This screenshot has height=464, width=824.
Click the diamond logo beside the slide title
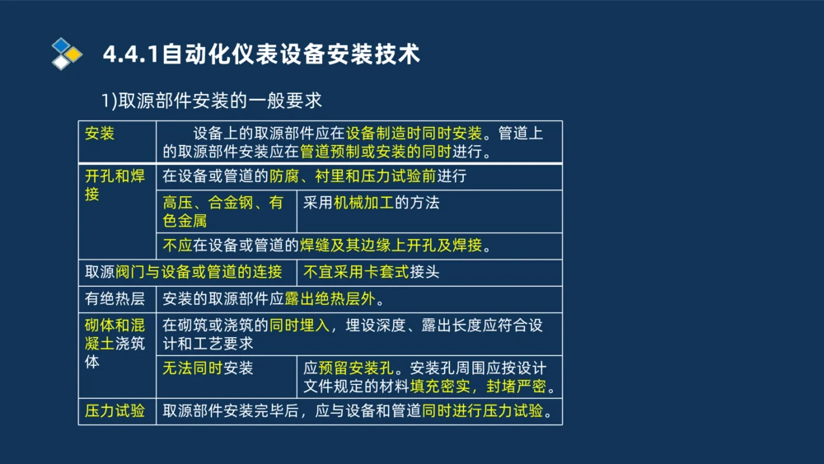(x=67, y=54)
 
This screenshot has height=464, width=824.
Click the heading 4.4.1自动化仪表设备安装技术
(x=261, y=54)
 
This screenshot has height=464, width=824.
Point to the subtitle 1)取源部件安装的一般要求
(x=211, y=101)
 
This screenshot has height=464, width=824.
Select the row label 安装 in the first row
(x=99, y=134)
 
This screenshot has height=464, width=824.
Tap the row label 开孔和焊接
(x=115, y=185)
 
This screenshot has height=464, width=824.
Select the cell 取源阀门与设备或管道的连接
(x=184, y=272)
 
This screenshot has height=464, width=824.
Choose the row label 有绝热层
(x=115, y=298)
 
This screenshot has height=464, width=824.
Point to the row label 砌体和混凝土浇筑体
(x=115, y=343)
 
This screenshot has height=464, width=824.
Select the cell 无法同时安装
(x=208, y=368)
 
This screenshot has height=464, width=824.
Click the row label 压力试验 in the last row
(x=115, y=410)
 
